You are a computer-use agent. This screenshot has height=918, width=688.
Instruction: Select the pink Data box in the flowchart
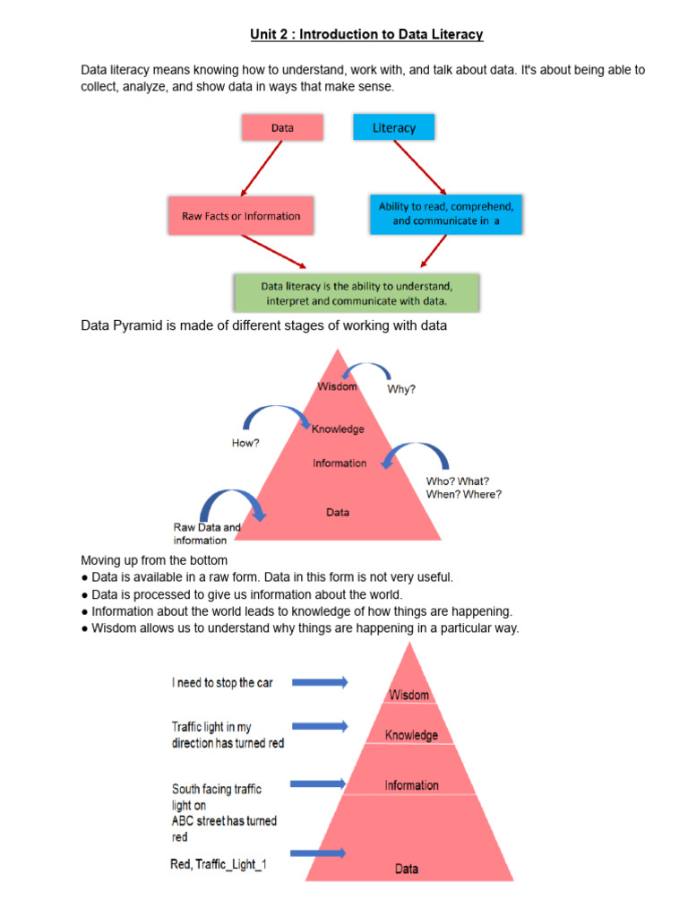pos(282,128)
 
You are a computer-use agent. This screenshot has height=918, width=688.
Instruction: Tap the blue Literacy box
pos(394,127)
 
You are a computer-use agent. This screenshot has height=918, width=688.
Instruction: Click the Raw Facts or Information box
pos(241,216)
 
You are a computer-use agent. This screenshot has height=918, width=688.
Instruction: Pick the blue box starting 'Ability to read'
pos(446,214)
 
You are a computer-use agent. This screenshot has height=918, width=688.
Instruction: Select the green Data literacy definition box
pos(357,293)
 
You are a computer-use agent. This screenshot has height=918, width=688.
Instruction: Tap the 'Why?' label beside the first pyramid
pos(401,390)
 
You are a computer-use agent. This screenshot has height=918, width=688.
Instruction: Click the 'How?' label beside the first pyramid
pos(245,442)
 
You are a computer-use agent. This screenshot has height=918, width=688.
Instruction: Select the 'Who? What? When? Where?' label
pos(463,487)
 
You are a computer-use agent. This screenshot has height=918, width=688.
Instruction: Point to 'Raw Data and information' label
pos(207,533)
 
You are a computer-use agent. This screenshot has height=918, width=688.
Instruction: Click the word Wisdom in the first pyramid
pos(338,386)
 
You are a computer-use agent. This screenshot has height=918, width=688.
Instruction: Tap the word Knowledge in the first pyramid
pos(338,429)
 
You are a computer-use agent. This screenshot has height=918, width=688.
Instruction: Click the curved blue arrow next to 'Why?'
pos(367,370)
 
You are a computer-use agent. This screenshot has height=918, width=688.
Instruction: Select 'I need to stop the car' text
pos(222,682)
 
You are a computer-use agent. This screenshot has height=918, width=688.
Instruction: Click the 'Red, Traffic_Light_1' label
pos(219,864)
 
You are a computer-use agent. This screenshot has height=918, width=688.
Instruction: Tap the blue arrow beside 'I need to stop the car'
pos(320,682)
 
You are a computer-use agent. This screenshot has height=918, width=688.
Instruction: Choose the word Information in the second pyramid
pos(412,785)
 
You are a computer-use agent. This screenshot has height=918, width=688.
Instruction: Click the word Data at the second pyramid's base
pos(407,869)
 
